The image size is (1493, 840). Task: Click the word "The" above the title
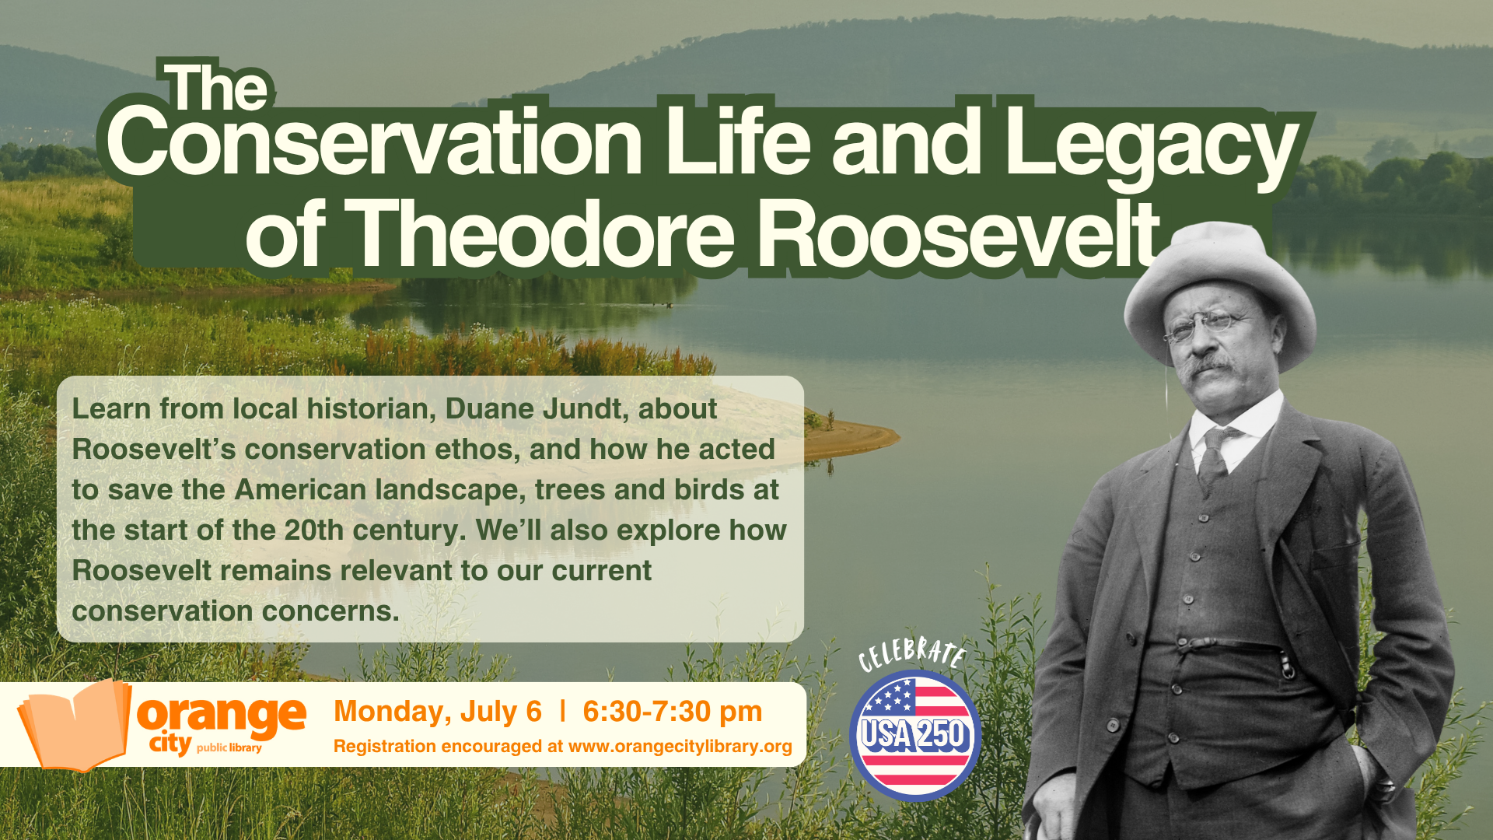(217, 87)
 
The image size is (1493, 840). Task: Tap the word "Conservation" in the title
(375, 142)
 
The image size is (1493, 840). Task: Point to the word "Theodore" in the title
(543, 233)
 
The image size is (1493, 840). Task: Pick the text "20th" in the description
(314, 530)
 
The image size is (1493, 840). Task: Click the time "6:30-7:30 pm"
(673, 712)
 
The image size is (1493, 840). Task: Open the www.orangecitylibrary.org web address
(680, 747)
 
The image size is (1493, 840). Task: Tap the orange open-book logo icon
(75, 724)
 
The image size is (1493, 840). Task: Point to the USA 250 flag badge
(914, 735)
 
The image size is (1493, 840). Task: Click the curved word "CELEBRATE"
(912, 653)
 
